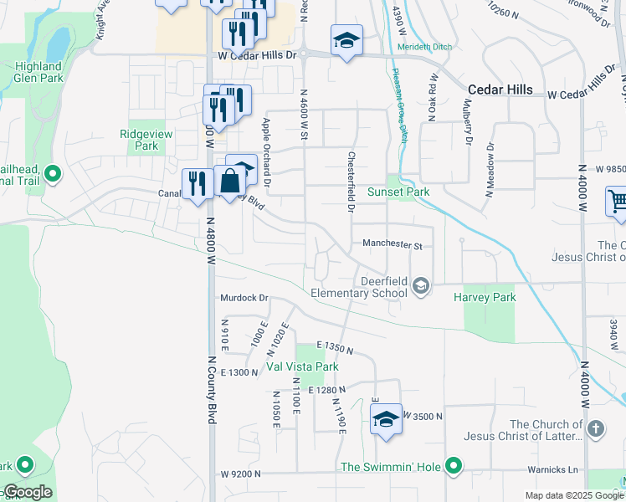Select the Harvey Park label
[x=485, y=297]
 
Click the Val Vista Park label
[x=302, y=366]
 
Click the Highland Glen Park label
[x=38, y=72]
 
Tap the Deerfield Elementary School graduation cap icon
[x=420, y=287]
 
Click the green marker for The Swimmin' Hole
[x=454, y=465]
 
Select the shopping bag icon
[x=228, y=181]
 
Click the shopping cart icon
[x=617, y=202]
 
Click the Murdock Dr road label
[x=244, y=298]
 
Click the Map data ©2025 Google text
[x=574, y=495]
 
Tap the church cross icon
[x=595, y=430]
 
